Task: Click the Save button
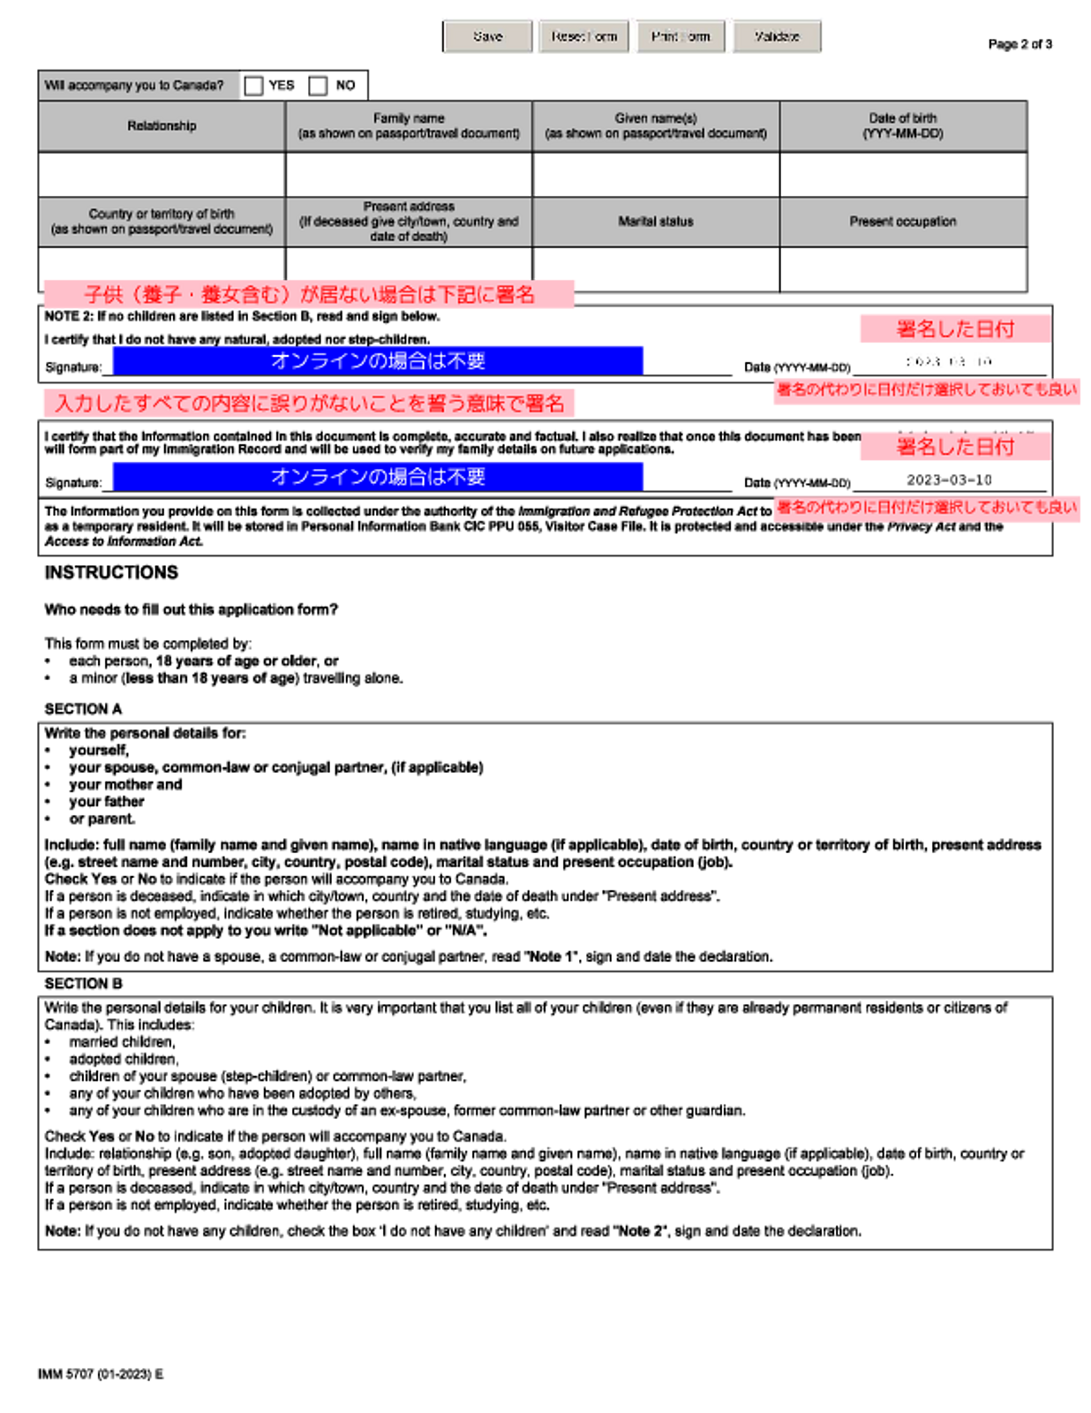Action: pos(488,37)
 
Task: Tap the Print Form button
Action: pos(681,37)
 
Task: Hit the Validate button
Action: pos(777,37)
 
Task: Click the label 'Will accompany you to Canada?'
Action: pos(134,86)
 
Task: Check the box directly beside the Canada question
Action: pos(254,86)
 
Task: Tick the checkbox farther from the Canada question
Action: pos(318,86)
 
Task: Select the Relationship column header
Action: pos(162,126)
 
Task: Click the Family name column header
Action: pos(409,126)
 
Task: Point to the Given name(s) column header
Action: pos(656,126)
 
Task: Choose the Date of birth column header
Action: pos(903,118)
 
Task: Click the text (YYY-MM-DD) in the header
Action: pos(903,134)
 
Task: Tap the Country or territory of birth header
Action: pos(162,222)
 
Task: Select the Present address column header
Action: pos(409,221)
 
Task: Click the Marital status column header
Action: pos(656,222)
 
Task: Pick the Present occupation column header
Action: pos(903,222)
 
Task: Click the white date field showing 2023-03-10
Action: pos(949,360)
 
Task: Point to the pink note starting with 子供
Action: pos(309,295)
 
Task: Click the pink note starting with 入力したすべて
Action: pos(309,404)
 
